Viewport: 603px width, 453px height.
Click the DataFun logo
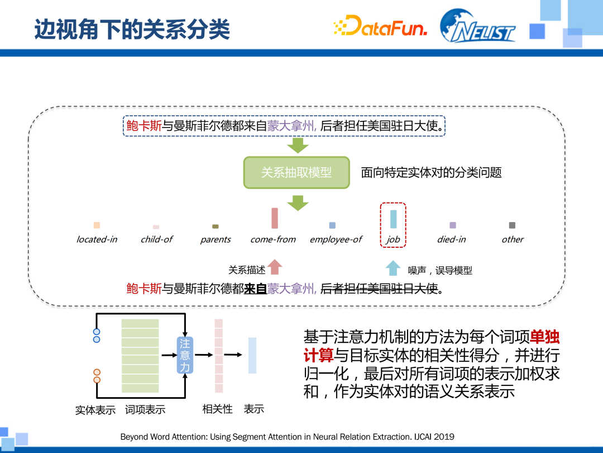pyautogui.click(x=380, y=26)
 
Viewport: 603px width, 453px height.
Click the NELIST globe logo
pyautogui.click(x=477, y=26)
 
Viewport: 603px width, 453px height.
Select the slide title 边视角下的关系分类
pyautogui.click(x=132, y=29)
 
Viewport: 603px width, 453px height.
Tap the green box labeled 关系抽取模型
pyautogui.click(x=296, y=172)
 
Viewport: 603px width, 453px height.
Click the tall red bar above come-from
pyautogui.click(x=275, y=218)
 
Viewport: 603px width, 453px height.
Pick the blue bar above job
pyautogui.click(x=393, y=219)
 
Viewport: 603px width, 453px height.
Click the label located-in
pyautogui.click(x=97, y=239)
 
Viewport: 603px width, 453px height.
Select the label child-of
pyautogui.click(x=156, y=239)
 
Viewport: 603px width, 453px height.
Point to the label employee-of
pyautogui.click(x=336, y=239)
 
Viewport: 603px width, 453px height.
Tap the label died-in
pyautogui.click(x=451, y=239)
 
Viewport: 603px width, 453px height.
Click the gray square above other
pyautogui.click(x=512, y=225)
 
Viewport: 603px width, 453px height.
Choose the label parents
pyautogui.click(x=216, y=239)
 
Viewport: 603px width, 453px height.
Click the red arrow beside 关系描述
pyautogui.click(x=275, y=267)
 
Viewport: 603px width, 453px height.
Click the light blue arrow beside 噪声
pyautogui.click(x=393, y=268)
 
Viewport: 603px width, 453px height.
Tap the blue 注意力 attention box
pyautogui.click(x=185, y=355)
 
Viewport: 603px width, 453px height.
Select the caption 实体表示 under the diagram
pyautogui.click(x=95, y=410)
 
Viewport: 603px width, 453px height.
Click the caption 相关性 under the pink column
pyautogui.click(x=217, y=409)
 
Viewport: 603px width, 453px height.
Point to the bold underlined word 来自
pyautogui.click(x=255, y=289)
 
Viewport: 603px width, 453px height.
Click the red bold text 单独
pyautogui.click(x=544, y=337)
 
